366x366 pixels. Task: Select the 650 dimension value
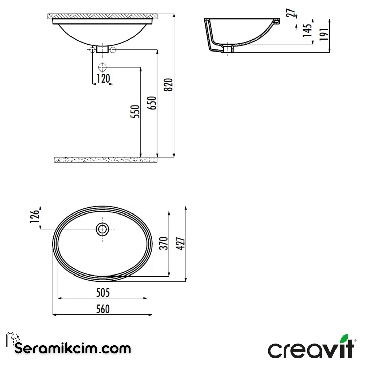point(153,103)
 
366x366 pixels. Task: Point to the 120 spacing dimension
point(103,79)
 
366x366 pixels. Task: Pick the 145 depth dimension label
point(307,30)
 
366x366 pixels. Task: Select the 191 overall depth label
point(324,34)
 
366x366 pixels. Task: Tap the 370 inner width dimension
point(163,243)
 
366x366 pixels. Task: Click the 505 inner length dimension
point(103,292)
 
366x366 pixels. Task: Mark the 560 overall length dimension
point(103,309)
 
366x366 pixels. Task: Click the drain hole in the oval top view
point(102,229)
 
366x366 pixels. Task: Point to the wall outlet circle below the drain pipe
point(102,67)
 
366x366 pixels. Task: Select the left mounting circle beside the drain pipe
point(92,50)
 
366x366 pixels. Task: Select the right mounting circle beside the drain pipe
point(113,50)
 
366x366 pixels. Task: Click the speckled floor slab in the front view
point(105,160)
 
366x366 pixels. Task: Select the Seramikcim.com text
point(73,349)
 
